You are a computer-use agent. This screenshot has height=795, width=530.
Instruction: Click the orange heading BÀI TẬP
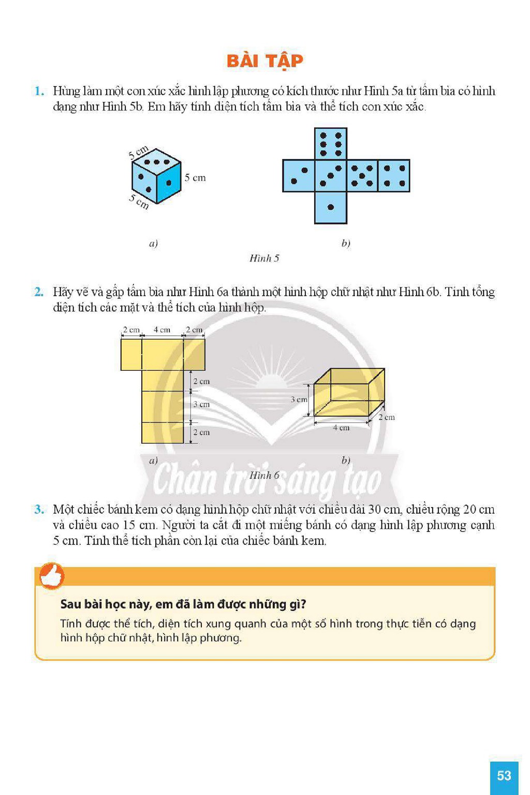[264, 61]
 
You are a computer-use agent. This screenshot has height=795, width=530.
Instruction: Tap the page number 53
[504, 775]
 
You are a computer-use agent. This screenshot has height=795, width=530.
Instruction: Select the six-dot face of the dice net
[331, 144]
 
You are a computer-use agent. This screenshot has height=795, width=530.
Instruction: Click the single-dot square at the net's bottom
[331, 208]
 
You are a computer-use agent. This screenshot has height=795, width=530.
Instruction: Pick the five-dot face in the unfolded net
[362, 176]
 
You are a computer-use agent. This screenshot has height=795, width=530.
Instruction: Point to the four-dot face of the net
[394, 176]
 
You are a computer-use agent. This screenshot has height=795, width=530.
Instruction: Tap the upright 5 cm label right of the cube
[195, 178]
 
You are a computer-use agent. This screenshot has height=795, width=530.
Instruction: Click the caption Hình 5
[264, 258]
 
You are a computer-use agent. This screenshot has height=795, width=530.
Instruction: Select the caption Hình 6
[264, 475]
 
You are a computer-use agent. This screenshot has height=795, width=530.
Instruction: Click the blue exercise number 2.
[39, 292]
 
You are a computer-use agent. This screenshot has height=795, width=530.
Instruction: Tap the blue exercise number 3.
[39, 509]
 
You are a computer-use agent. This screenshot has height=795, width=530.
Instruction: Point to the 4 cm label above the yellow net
[162, 330]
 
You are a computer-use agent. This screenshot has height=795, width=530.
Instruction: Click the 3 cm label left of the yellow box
[299, 399]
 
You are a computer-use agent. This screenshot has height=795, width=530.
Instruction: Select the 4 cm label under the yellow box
[341, 428]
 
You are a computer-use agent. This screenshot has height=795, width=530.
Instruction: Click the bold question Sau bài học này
[183, 604]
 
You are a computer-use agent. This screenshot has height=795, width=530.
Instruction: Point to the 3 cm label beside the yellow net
[201, 404]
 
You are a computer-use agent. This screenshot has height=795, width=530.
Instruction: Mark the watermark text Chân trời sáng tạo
[267, 479]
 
